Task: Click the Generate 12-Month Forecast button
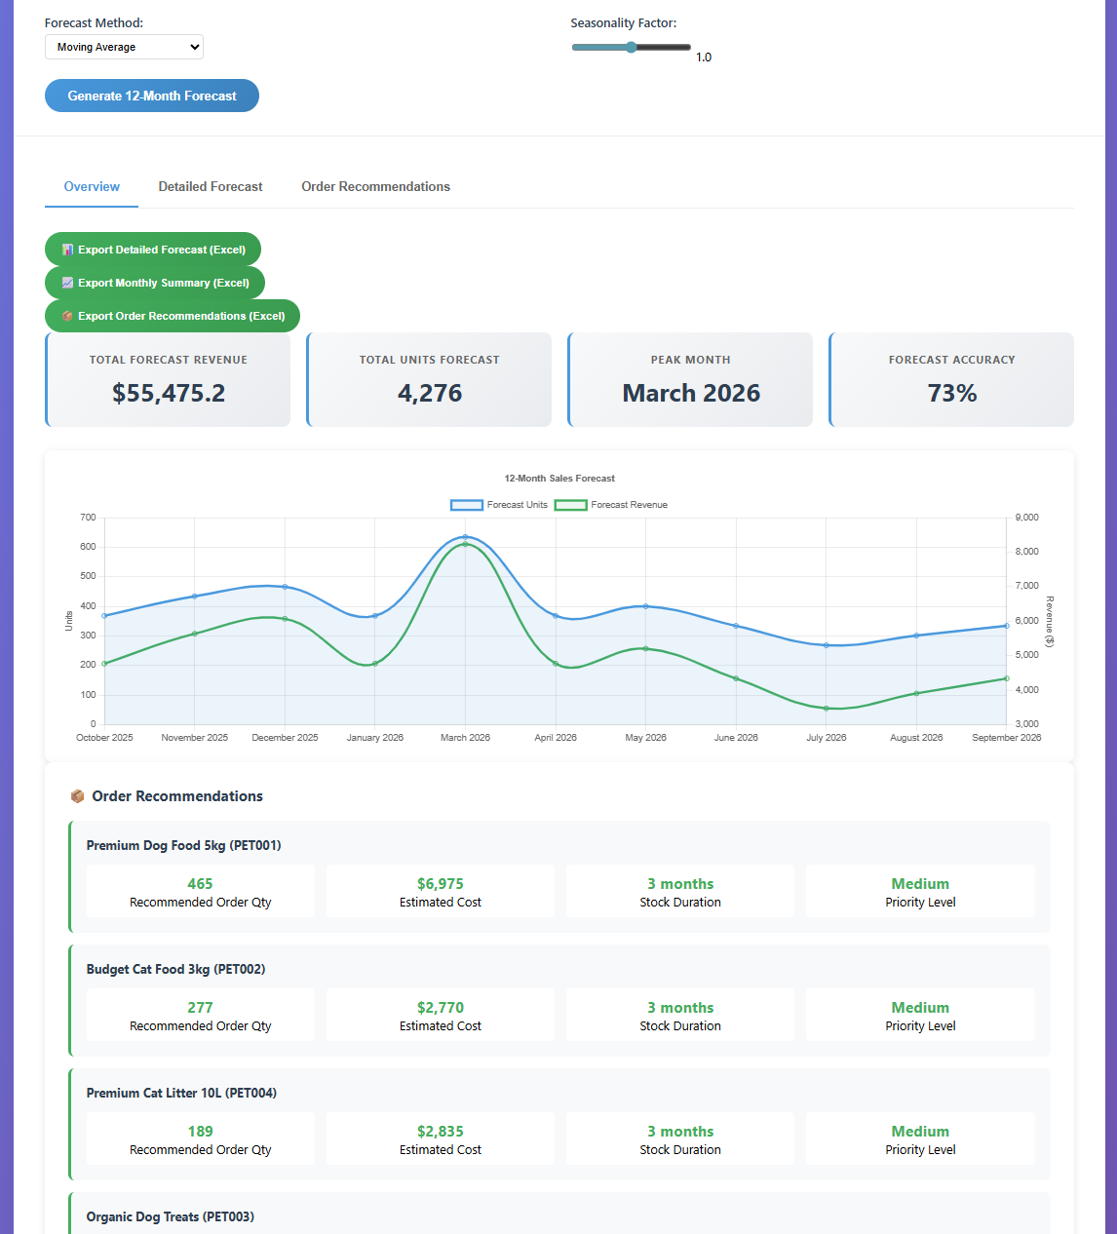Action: [x=152, y=96]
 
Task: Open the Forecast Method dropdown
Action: [x=124, y=47]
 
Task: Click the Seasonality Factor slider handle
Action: [x=632, y=47]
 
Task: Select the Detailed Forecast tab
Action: [x=211, y=186]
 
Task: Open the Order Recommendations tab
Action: [x=375, y=186]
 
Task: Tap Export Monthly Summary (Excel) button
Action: [x=155, y=283]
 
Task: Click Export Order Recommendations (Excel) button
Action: [x=173, y=316]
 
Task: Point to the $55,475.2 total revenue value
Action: [x=169, y=393]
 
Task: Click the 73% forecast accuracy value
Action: [x=952, y=393]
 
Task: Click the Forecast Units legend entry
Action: [x=499, y=505]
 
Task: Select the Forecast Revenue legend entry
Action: [x=611, y=505]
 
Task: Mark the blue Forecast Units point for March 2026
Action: [x=466, y=537]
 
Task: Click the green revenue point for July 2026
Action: [x=827, y=709]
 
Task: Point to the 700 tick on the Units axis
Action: [x=88, y=518]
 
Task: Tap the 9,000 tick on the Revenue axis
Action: [x=1026, y=518]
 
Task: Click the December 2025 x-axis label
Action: [x=285, y=738]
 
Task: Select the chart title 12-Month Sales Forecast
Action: [x=559, y=479]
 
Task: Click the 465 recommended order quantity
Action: [x=200, y=884]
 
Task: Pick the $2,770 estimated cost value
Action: [x=441, y=1008]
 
